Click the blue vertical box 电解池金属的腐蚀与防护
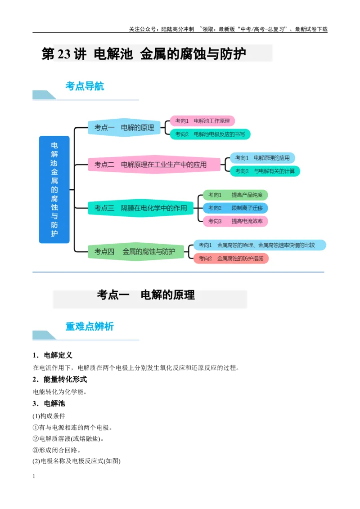(54, 190)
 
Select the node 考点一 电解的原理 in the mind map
(125, 128)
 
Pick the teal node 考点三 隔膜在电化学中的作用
(141, 208)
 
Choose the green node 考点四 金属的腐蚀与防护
(136, 252)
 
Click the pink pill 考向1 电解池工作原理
(202, 121)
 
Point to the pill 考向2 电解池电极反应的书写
(210, 134)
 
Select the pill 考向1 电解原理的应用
(262, 158)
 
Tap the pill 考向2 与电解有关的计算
(265, 171)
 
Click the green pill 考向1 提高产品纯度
(235, 195)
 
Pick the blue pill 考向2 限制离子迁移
(235, 208)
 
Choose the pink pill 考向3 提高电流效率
(235, 221)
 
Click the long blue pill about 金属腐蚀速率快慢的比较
(260, 245)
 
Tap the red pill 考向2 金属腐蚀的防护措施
(231, 259)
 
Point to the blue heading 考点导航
(85, 86)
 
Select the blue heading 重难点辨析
(90, 326)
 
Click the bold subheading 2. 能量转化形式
(60, 379)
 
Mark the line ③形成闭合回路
(57, 450)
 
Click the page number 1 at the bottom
(34, 476)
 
